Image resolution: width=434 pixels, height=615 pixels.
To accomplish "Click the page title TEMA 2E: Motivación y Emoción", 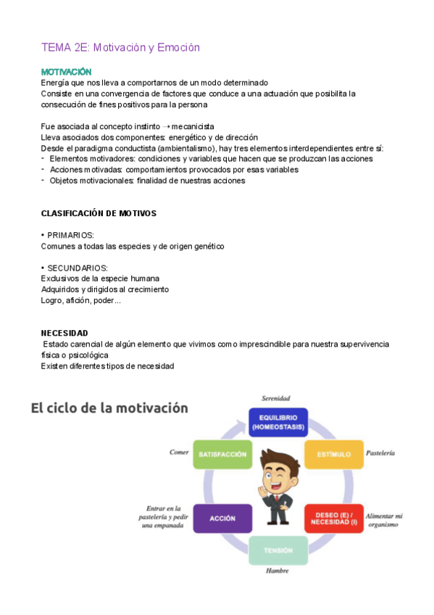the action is pos(120,48).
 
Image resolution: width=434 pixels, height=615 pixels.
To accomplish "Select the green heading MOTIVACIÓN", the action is pos(66,73).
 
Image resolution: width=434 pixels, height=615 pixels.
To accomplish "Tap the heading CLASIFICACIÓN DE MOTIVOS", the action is pos(99,213).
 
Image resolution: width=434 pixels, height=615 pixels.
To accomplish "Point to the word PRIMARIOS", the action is pos(70,236).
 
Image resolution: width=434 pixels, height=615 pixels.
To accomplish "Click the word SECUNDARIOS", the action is pos(77,268).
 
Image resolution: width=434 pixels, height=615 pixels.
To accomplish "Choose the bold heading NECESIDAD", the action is pos(64,333).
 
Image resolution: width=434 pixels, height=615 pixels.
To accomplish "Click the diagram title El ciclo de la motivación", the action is pos(109,408).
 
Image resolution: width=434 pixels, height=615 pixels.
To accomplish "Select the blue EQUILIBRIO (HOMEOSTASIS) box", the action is pos(278,422).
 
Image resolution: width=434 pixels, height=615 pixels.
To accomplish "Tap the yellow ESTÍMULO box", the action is pos(333,454).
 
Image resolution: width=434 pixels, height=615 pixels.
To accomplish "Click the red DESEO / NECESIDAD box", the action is pos(333,519).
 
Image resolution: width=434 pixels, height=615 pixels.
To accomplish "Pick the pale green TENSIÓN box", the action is pos(278,550).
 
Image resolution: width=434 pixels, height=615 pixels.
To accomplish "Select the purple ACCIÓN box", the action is pos(222,519).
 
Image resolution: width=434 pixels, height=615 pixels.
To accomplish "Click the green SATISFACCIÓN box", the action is pos(222,455).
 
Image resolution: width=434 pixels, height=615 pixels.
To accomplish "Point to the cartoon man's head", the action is pos(278,470).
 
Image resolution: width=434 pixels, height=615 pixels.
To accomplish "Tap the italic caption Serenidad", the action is pos(276,398).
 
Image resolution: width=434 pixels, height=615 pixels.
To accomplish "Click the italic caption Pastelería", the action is pos(380,453).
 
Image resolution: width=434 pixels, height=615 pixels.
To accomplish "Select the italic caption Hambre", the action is pos(277,571).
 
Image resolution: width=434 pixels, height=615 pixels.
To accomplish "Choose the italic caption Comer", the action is pos(179,453).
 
